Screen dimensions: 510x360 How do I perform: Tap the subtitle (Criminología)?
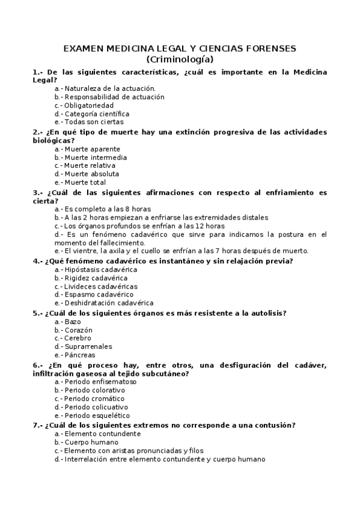click(x=180, y=59)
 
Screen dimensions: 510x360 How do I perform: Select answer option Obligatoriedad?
click(x=88, y=105)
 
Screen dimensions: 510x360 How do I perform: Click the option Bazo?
click(x=72, y=322)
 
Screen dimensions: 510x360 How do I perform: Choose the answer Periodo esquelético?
click(x=97, y=416)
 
